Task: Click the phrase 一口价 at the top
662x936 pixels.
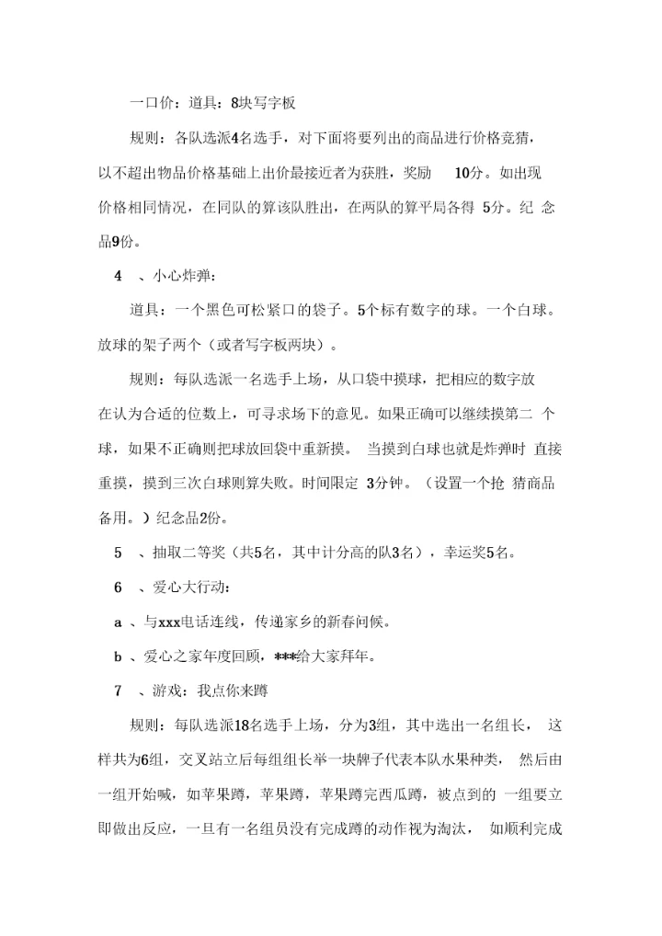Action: (x=149, y=105)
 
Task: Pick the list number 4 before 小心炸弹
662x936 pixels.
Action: (x=118, y=276)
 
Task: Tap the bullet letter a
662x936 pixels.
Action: (x=118, y=622)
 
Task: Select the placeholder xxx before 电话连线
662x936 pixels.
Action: (x=168, y=622)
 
